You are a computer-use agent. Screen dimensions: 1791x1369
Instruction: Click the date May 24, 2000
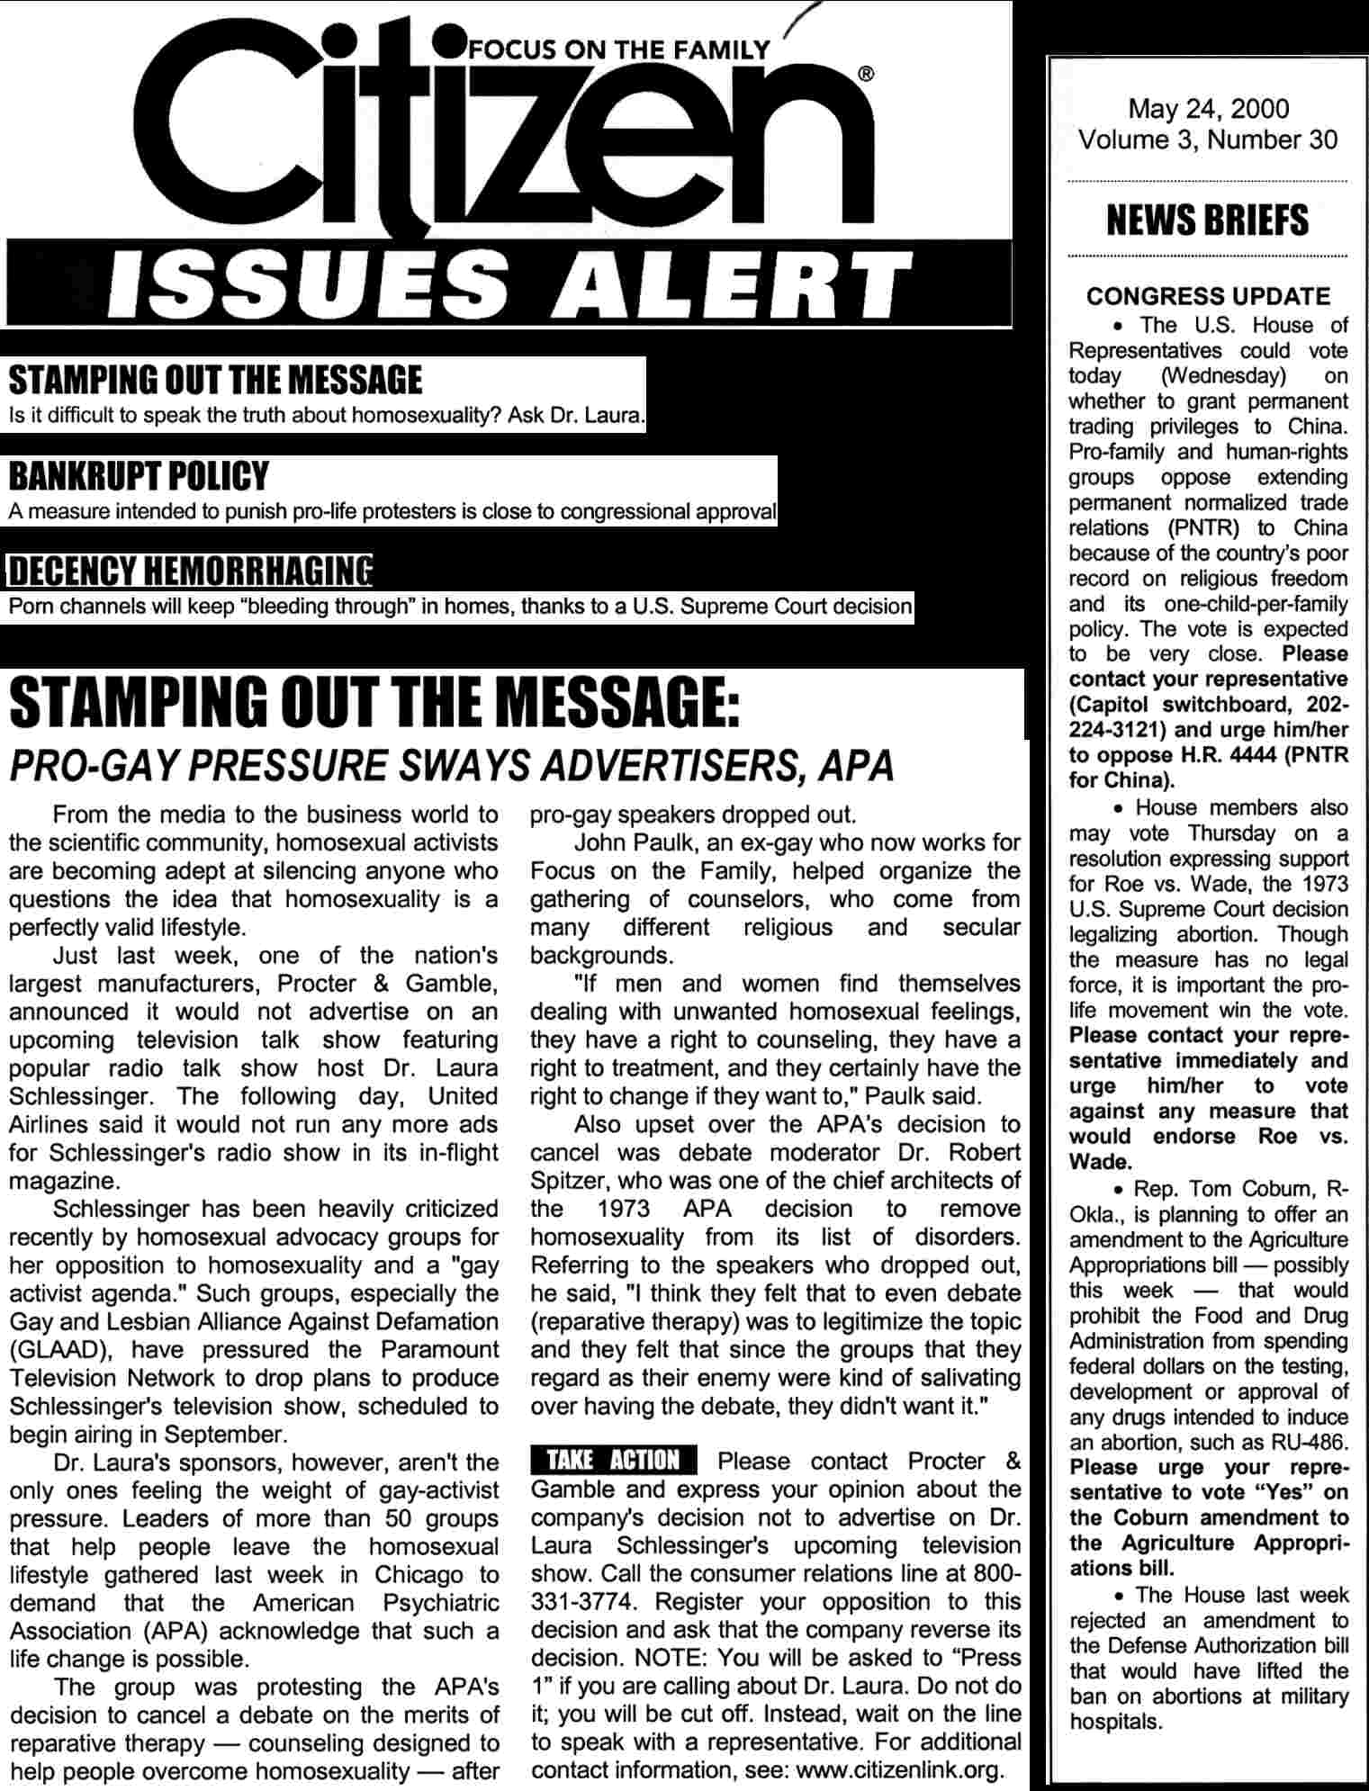click(x=1208, y=109)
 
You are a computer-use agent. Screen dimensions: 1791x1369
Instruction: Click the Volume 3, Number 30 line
click(x=1208, y=139)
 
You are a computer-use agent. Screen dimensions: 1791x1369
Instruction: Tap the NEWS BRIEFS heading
click(x=1207, y=220)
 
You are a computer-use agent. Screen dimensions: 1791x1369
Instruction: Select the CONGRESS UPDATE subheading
click(x=1208, y=296)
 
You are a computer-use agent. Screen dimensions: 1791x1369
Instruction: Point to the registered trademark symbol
click(x=866, y=76)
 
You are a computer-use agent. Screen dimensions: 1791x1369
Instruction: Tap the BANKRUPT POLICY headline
click(x=139, y=475)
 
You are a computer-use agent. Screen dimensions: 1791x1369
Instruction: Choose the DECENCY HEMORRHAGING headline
click(x=190, y=571)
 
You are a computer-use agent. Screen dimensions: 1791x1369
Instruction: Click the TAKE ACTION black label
click(x=613, y=1460)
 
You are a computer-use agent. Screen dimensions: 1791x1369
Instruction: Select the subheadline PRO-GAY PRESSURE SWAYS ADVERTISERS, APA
click(x=451, y=766)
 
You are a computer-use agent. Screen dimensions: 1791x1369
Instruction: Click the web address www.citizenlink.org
click(x=898, y=1770)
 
